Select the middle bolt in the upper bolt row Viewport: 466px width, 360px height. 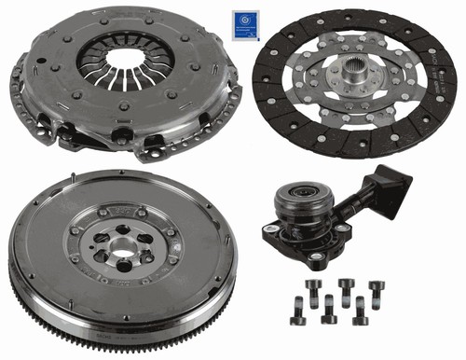point(347,286)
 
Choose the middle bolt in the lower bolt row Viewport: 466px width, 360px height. point(328,312)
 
